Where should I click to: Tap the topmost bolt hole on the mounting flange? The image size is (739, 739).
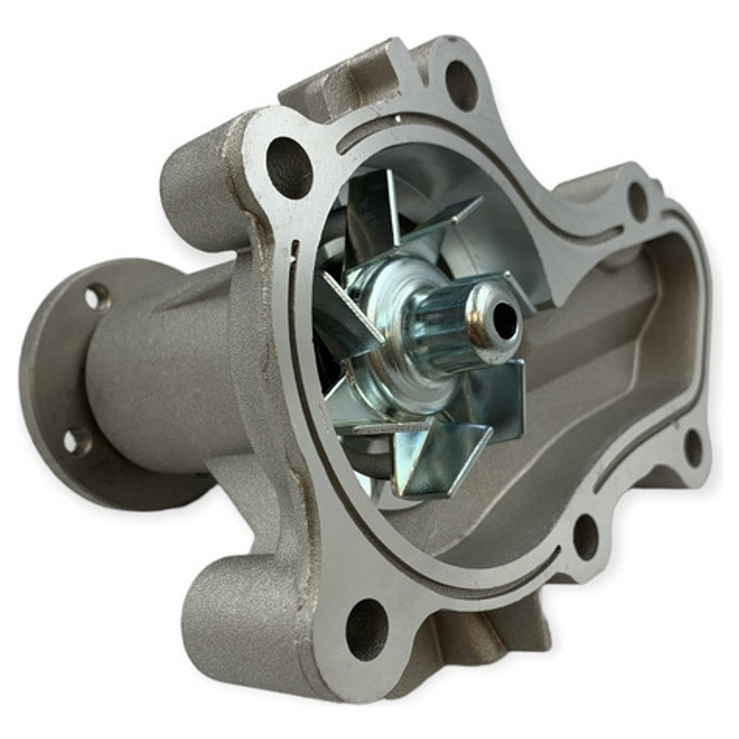[461, 85]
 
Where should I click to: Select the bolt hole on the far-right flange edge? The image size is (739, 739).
[693, 448]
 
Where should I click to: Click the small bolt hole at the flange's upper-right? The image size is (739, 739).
[638, 200]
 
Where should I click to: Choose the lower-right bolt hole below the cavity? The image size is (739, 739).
[586, 536]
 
